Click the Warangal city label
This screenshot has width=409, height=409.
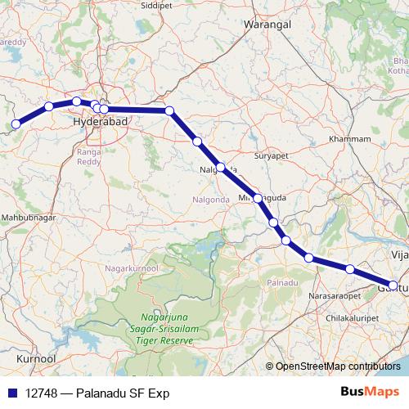tap(267, 25)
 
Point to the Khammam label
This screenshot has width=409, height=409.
tap(349, 140)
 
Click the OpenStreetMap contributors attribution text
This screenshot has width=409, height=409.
tap(337, 367)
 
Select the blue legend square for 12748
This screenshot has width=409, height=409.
tap(11, 393)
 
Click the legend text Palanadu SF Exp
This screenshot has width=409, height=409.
tap(121, 393)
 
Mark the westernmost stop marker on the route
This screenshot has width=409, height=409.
tap(16, 125)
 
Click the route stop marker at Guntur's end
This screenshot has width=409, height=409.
tap(393, 285)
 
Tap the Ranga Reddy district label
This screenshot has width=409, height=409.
tap(88, 156)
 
